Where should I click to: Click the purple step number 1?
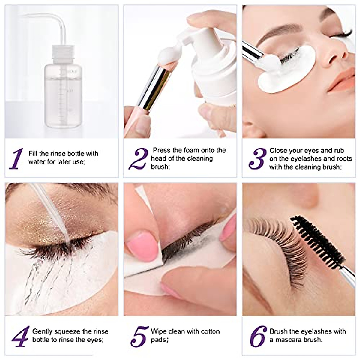(x=16, y=158)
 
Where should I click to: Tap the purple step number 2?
(x=139, y=159)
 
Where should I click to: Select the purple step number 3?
(x=257, y=158)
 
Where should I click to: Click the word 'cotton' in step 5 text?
(x=208, y=331)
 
